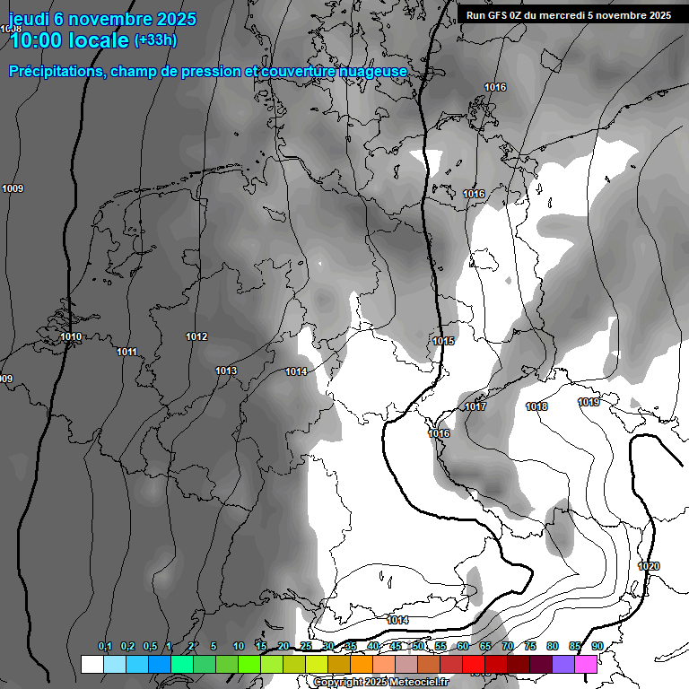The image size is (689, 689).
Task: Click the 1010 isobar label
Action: [71, 337]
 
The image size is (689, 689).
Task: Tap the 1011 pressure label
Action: [126, 352]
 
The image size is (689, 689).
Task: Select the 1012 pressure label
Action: [196, 337]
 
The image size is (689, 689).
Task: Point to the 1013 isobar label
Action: [226, 371]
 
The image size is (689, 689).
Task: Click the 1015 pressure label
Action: [443, 341]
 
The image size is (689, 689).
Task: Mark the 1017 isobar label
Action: [475, 407]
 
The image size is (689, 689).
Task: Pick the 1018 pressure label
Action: [536, 407]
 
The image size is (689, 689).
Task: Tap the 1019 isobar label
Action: [589, 402]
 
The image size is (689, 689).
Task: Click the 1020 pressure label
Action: [649, 566]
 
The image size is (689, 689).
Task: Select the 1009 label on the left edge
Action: [13, 188]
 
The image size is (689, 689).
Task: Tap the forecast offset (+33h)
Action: [155, 39]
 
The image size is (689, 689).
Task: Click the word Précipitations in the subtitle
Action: [56, 71]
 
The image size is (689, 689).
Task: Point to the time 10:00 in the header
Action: [38, 40]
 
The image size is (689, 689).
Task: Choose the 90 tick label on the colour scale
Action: [597, 646]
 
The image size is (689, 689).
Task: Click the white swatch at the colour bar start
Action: [92, 664]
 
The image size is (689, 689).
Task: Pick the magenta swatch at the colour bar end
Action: [586, 664]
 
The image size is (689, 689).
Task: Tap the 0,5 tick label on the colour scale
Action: [149, 646]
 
